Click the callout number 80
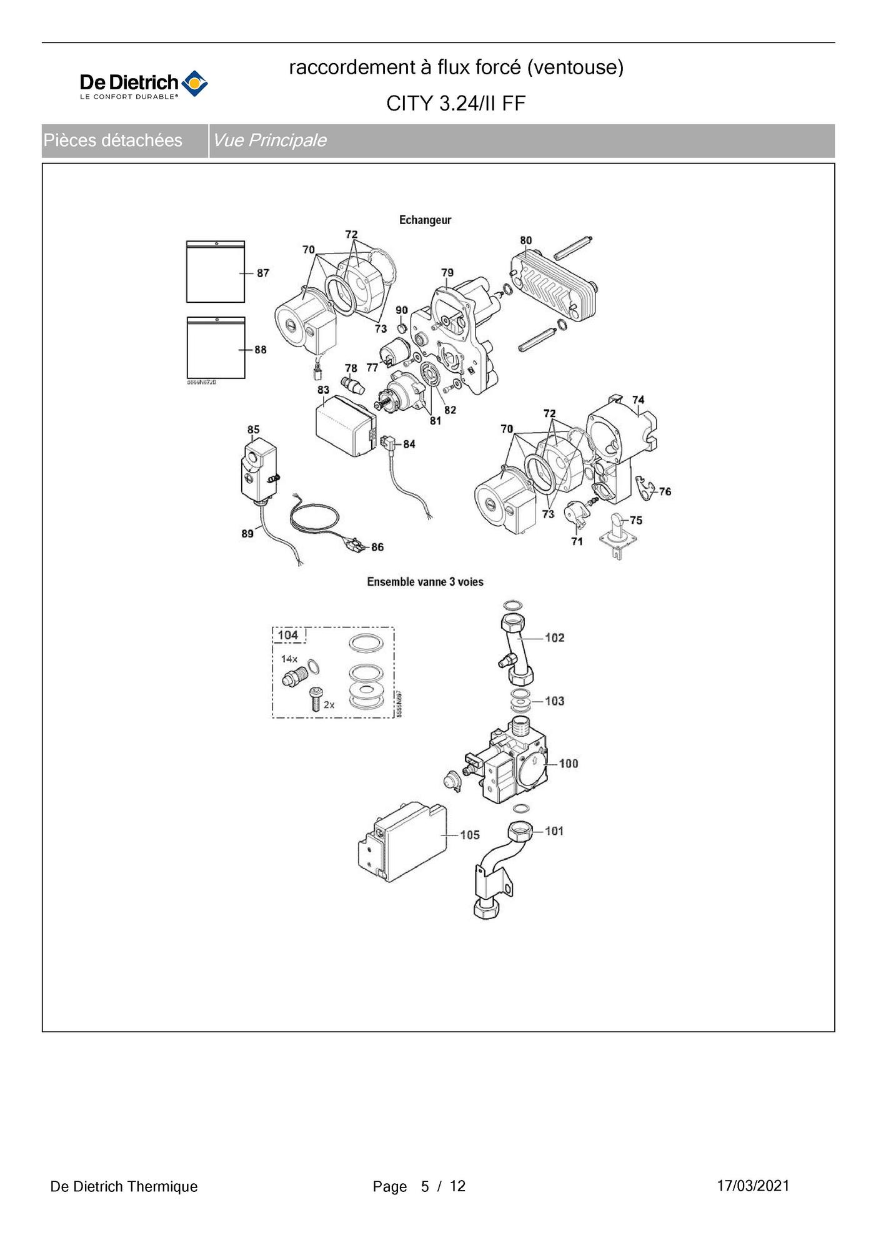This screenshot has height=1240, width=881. [x=525, y=240]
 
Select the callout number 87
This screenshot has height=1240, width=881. [x=262, y=273]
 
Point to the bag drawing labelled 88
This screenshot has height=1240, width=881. [x=216, y=348]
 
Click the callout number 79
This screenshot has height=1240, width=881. [x=447, y=272]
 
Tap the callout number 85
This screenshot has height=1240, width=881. [x=253, y=430]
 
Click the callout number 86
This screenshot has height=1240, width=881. [x=377, y=547]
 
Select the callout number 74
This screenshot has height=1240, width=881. [x=638, y=400]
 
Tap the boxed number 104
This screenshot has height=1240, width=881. [x=288, y=635]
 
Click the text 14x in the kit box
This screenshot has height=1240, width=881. [x=289, y=659]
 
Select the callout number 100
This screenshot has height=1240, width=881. [x=568, y=763]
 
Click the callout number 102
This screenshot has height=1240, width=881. [x=554, y=637]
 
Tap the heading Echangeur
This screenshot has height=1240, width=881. [x=425, y=220]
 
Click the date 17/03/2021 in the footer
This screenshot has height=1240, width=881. [x=753, y=1186]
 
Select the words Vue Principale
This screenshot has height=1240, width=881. [x=269, y=140]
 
